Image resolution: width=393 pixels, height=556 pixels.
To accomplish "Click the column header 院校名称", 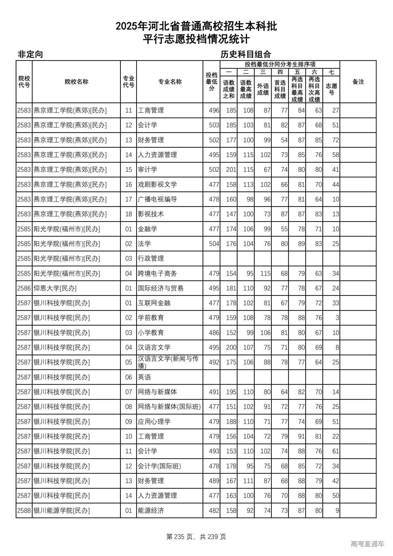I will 76,82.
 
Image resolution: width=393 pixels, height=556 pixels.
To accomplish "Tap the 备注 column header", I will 358,82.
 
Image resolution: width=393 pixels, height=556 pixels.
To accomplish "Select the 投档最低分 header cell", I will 212,82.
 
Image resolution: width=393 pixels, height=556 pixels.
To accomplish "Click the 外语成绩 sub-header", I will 263,89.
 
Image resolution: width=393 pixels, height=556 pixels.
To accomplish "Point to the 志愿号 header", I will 331,89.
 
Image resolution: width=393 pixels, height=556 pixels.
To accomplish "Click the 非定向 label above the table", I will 30,54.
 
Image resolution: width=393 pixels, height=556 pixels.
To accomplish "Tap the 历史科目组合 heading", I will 246,54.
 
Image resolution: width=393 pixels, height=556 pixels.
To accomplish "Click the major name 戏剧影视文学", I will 157,185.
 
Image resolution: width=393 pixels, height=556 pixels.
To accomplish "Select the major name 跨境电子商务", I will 157,273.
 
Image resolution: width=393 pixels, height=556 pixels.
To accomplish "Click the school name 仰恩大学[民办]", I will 55,288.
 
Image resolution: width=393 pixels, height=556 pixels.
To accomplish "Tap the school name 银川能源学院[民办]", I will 61,511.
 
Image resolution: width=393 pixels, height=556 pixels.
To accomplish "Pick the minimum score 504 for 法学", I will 214,244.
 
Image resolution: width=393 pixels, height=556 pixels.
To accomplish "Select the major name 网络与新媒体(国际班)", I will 169,407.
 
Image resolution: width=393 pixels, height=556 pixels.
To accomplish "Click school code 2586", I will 24,288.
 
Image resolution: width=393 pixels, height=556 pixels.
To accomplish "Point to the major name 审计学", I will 147,170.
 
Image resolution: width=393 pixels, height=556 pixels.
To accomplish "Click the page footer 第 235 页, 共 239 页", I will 196,537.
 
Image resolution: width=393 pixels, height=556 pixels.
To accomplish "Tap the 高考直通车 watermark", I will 367,544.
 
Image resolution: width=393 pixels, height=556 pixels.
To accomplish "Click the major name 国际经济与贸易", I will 161,288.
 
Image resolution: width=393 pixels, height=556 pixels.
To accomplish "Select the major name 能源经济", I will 151,511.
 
